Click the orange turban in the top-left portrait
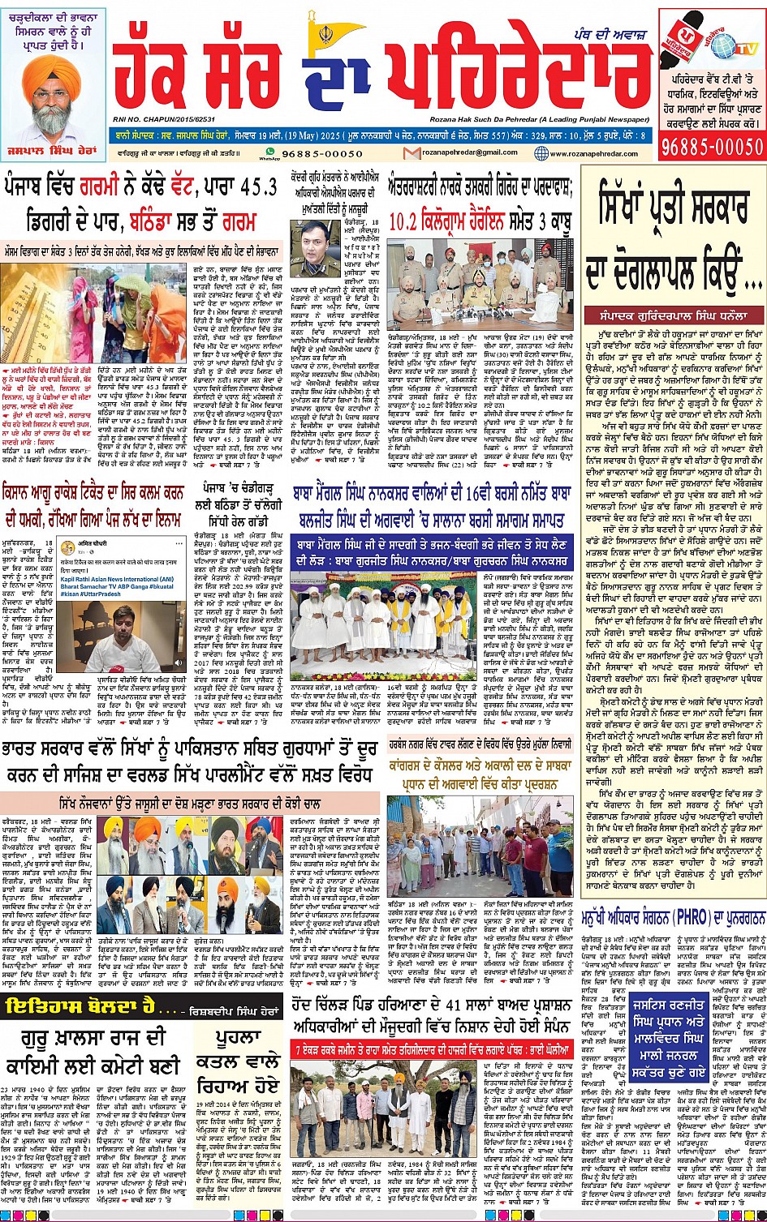click(x=55, y=71)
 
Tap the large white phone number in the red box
click(x=712, y=147)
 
